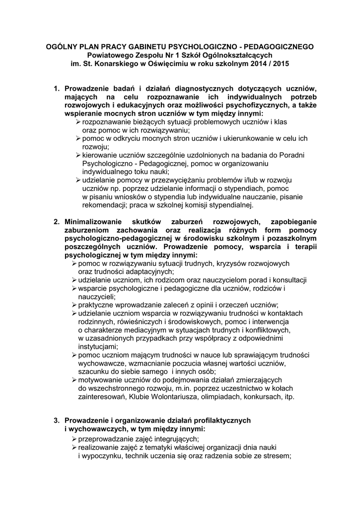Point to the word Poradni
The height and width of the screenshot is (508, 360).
(292, 155)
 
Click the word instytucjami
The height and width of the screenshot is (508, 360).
(98, 347)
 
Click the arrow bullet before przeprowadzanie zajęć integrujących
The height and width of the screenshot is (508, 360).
(74, 439)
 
